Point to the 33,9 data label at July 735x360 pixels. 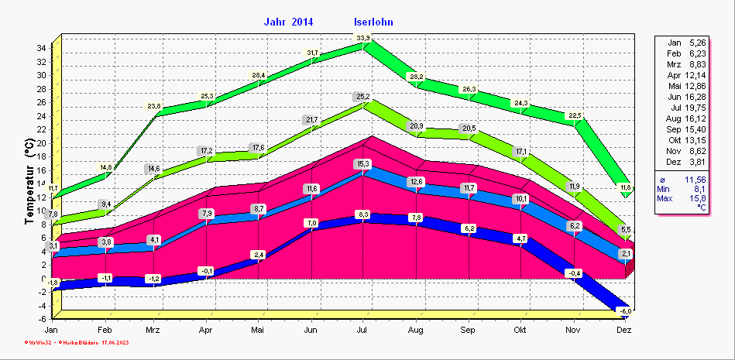(x=362, y=39)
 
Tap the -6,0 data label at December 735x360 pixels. (x=625, y=310)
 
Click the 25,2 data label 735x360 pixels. (x=362, y=97)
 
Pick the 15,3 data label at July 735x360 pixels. (x=362, y=164)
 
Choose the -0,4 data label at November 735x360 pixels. (x=573, y=273)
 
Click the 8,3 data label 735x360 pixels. (x=362, y=214)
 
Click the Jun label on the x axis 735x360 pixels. (x=311, y=331)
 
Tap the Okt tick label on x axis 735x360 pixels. (x=520, y=331)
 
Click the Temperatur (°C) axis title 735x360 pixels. (x=28, y=183)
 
